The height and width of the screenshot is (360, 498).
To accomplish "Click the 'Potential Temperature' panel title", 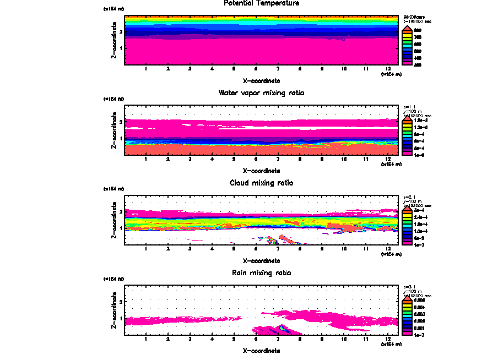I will (254, 3).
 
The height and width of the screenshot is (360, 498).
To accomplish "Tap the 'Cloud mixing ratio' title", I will (254, 183).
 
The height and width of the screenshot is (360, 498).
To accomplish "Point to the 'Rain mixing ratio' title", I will (254, 273).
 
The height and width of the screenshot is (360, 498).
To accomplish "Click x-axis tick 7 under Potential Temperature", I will (278, 69).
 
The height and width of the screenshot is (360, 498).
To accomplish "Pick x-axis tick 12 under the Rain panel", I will (388, 340).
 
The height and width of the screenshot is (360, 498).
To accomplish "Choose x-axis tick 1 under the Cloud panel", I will (145, 249).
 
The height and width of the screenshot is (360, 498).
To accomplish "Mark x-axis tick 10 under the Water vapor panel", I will (344, 160).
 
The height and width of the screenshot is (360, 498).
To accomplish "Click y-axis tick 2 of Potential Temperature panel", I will (120, 31).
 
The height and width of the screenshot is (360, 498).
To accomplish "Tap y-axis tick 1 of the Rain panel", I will (120, 318).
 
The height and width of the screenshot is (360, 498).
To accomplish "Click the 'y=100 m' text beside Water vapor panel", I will (413, 112).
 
